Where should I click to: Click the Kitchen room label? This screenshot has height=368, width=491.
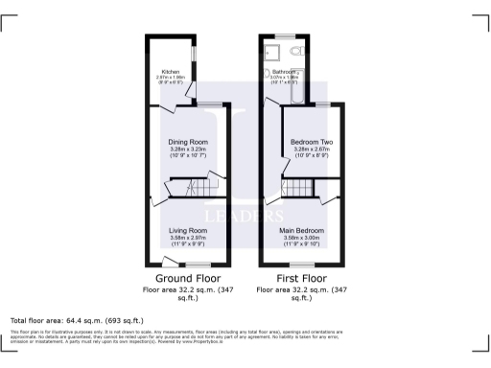170,72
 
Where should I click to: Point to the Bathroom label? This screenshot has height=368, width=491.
285,72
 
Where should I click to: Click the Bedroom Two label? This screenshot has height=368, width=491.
311,142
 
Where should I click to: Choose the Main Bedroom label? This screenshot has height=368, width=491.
302,231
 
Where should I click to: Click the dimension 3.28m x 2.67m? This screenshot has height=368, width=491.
311,149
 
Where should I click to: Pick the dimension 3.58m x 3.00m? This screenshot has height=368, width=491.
302,239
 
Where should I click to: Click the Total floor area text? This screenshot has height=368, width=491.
77,319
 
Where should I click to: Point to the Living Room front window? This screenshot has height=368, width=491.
198,264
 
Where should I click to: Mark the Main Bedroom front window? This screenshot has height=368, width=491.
301,264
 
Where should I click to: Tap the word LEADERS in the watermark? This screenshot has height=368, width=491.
245,213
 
